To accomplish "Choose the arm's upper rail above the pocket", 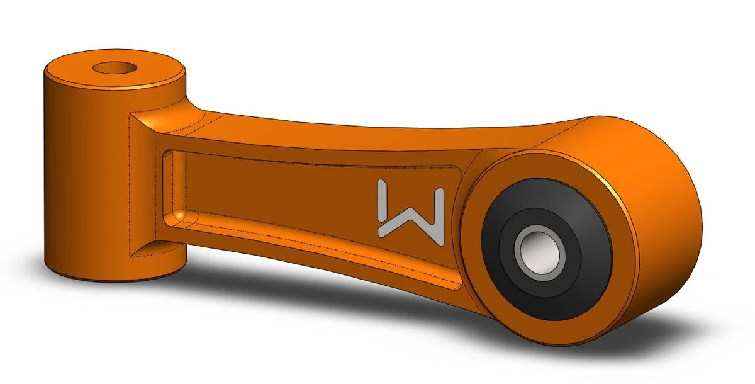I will (315, 148).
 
